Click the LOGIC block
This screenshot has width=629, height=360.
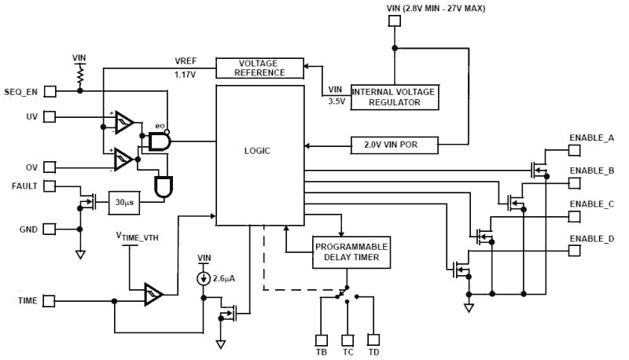(260, 155)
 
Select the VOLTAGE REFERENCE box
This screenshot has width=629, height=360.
(260, 68)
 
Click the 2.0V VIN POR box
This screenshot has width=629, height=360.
(394, 145)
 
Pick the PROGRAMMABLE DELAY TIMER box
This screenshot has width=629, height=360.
(351, 252)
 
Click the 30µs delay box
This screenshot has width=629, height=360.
(123, 202)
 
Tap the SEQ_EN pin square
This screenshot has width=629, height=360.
(50, 90)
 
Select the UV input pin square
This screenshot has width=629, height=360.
(50, 117)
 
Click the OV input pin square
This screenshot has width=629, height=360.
(50, 167)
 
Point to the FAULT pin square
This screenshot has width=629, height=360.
(50, 186)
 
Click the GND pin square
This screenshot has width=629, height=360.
(50, 229)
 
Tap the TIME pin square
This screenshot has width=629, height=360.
(50, 301)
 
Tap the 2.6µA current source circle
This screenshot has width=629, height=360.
(204, 279)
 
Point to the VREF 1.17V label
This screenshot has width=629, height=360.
(186, 68)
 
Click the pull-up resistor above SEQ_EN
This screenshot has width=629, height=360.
(79, 75)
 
